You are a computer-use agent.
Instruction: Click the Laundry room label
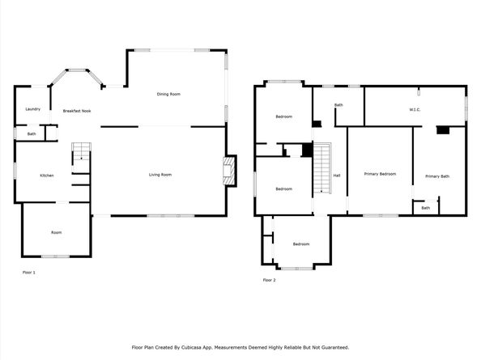[x=32, y=109]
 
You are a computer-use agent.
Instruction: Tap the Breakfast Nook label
[x=76, y=110]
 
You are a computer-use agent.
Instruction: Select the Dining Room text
[x=168, y=94]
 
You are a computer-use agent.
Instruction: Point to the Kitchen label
[x=47, y=175]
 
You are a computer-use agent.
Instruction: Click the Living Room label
[x=160, y=175]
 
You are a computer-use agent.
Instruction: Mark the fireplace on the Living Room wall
[x=230, y=171]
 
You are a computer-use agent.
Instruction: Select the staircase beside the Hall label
[x=323, y=168]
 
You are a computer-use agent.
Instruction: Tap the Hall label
[x=336, y=175]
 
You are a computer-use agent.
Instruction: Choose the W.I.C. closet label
[x=414, y=110]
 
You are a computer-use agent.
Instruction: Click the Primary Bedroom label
[x=380, y=174]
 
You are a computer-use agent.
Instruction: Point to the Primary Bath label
[x=437, y=176]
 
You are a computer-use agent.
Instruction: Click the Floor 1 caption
[x=28, y=273]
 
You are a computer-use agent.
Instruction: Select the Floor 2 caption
[x=269, y=280]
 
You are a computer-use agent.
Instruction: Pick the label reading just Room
[x=56, y=232]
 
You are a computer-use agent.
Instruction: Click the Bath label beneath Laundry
[x=32, y=133]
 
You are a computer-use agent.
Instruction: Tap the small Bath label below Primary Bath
[x=425, y=208]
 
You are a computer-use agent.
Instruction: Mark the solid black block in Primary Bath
[x=441, y=129]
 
